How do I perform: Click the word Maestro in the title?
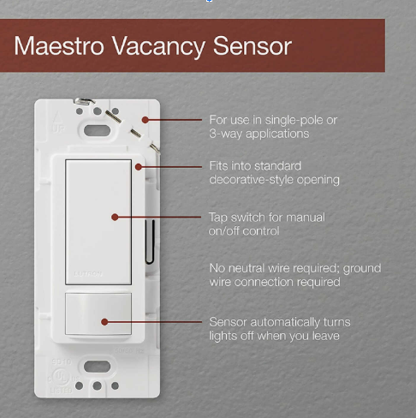click(59, 45)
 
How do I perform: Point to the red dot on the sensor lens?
click(104, 322)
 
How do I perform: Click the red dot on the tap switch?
click(115, 218)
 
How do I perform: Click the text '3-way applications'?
click(259, 134)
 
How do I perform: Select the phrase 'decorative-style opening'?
click(275, 180)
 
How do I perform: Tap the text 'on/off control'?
click(244, 231)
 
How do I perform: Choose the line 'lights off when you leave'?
click(274, 336)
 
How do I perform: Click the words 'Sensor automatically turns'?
click(280, 322)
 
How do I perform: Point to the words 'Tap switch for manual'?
click(267, 218)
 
